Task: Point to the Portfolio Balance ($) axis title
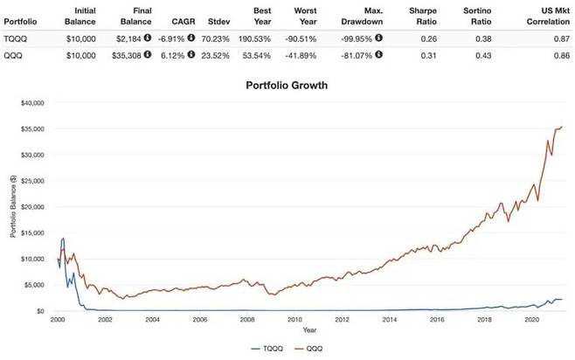(x=10, y=207)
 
